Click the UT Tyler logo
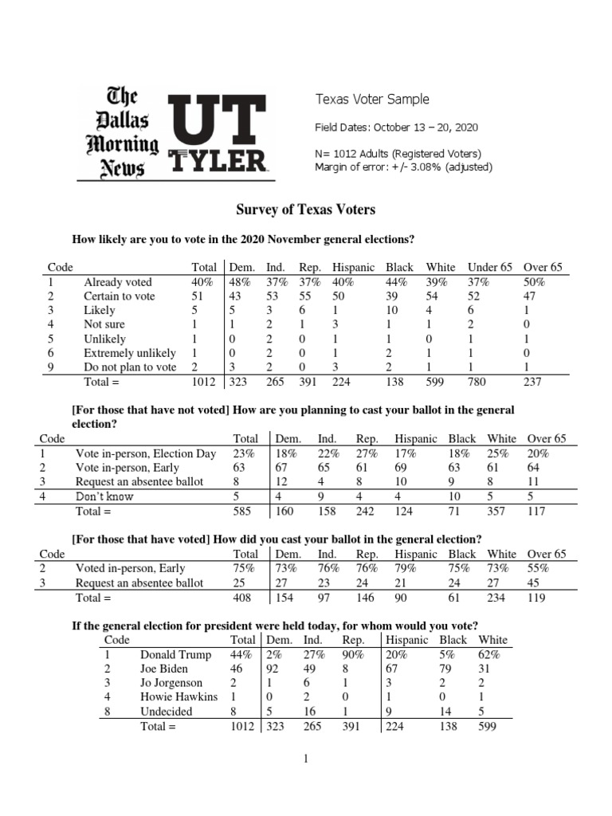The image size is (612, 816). (x=217, y=132)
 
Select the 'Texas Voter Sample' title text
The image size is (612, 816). (x=372, y=100)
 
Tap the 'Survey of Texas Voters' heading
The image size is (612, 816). (x=305, y=210)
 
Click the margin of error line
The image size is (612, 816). (x=404, y=167)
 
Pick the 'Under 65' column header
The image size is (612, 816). (x=489, y=268)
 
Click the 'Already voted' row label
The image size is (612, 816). (x=118, y=282)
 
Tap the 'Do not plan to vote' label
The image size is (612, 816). (x=130, y=367)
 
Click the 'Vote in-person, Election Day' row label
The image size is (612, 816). (x=146, y=453)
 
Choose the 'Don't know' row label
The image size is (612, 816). (x=104, y=496)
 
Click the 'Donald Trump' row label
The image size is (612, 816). (x=175, y=654)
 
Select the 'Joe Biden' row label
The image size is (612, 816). (x=164, y=669)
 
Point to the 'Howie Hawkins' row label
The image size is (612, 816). (x=178, y=697)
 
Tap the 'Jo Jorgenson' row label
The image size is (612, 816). (x=171, y=683)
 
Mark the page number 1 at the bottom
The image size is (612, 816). (x=304, y=759)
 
